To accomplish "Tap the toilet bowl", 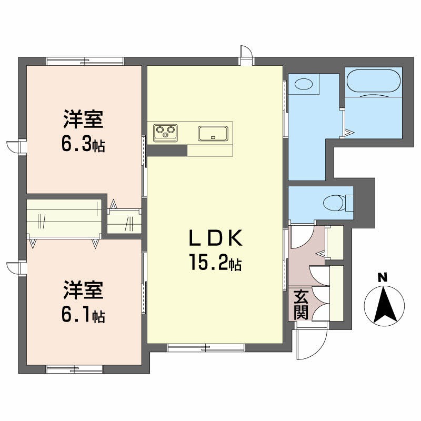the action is click(x=334, y=203).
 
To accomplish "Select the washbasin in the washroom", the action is click(x=304, y=84).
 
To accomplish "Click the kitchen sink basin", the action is click(x=213, y=134).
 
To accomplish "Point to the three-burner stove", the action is click(x=165, y=133).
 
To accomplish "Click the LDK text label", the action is click(x=216, y=238).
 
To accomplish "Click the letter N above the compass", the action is click(x=383, y=277).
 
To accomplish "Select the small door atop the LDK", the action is click(x=246, y=55).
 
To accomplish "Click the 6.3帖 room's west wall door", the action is click(x=16, y=147).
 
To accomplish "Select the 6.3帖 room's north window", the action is click(x=85, y=61).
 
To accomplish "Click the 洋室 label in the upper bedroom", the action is click(x=83, y=119).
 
